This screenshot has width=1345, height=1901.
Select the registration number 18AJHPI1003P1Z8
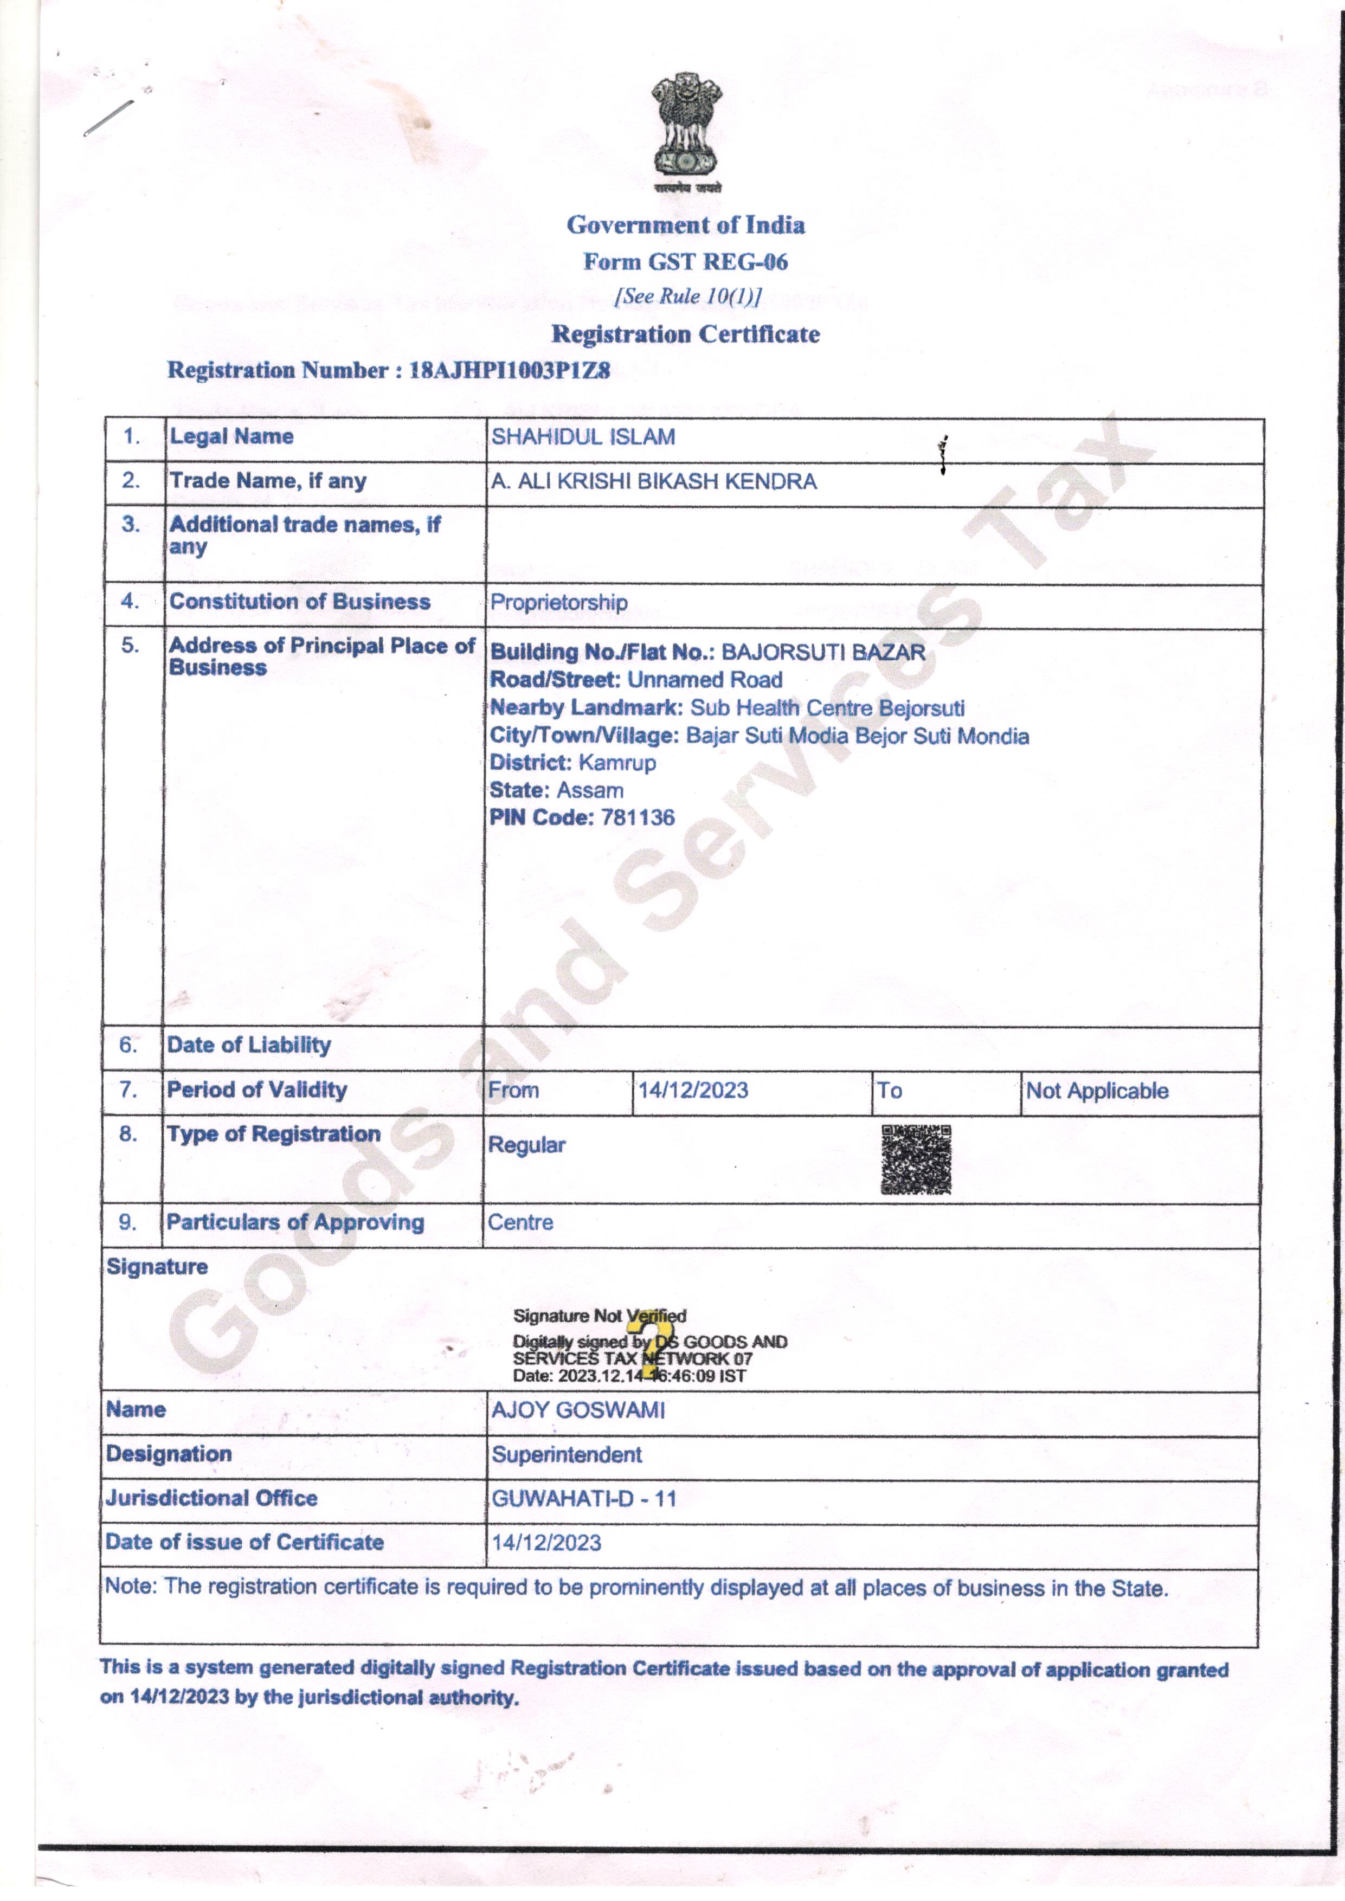[510, 370]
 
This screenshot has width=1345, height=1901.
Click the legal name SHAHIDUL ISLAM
[583, 437]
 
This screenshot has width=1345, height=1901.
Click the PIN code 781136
[638, 817]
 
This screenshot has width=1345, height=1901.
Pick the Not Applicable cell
[1097, 1091]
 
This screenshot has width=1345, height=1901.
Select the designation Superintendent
[567, 1455]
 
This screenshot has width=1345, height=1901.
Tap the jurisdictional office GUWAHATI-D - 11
[584, 1499]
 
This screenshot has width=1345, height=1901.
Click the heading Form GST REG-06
[686, 262]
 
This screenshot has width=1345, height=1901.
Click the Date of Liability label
[248, 1045]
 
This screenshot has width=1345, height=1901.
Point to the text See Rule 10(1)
[687, 297]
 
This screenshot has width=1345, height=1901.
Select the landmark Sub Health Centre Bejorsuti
[827, 708]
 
